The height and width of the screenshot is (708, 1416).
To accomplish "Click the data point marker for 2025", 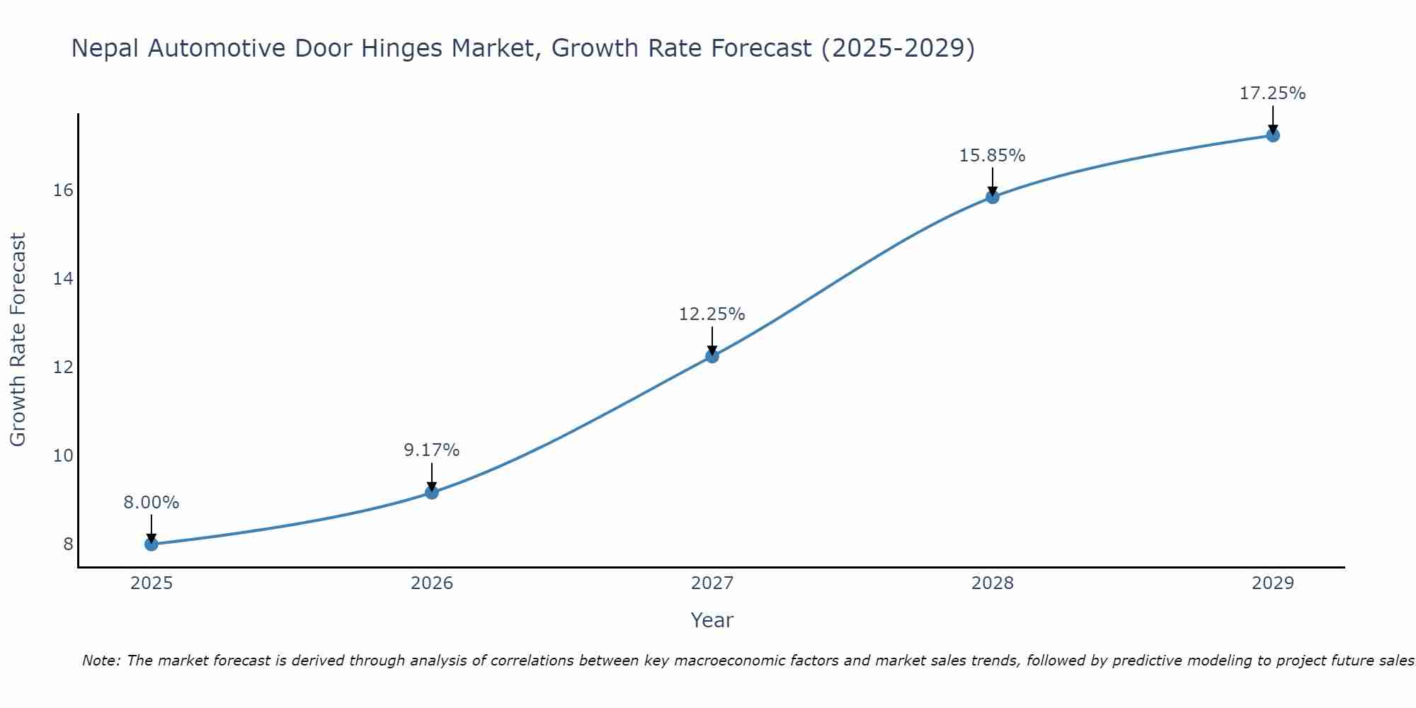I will click(x=151, y=544).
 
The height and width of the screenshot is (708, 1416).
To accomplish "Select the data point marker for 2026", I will click(x=432, y=492).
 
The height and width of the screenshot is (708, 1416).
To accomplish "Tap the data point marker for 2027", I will click(x=712, y=356).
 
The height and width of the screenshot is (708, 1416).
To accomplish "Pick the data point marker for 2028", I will click(x=993, y=197).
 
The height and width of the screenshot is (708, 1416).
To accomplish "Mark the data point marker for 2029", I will click(x=1273, y=135).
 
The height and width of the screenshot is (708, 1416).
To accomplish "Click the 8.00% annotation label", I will click(x=151, y=503).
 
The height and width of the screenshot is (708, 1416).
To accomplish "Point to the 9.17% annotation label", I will click(x=432, y=450).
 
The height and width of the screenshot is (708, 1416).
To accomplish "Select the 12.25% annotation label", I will click(x=712, y=314).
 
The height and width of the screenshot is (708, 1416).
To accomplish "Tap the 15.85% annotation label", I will click(x=993, y=156).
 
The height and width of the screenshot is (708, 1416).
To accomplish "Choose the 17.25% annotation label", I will click(x=1273, y=93).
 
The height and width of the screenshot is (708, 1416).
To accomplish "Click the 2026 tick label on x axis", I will click(x=432, y=583).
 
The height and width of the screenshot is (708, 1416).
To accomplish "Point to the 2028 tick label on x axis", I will click(x=993, y=583).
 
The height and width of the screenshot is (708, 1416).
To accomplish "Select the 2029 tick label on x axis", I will click(x=1273, y=583).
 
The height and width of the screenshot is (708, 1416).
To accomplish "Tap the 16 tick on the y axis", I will click(x=64, y=190).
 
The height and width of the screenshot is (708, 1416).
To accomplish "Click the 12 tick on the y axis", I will click(x=64, y=367).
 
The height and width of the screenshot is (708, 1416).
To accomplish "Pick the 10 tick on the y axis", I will click(x=64, y=456).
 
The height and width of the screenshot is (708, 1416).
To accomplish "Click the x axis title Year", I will click(x=712, y=620).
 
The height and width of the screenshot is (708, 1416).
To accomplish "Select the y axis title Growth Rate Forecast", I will click(x=18, y=340).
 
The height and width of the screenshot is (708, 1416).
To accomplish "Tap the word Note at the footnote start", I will click(x=101, y=661).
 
